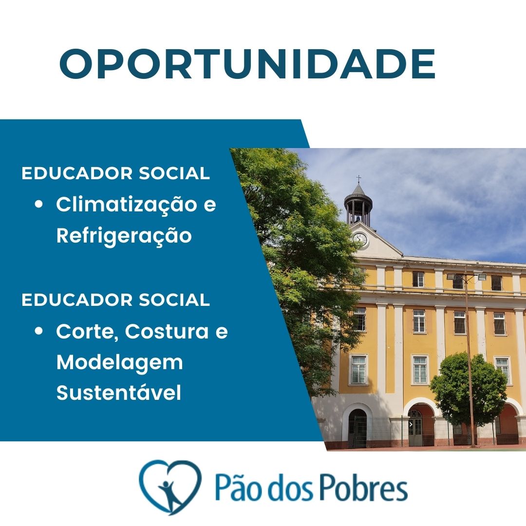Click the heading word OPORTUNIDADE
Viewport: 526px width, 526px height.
[x=247, y=64]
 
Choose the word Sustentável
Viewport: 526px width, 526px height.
[x=119, y=393]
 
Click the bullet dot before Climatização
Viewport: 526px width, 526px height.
[x=39, y=204]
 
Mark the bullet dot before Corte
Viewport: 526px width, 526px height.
[x=39, y=331]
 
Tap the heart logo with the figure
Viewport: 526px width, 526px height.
[x=170, y=487]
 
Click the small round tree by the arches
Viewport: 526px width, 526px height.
[x=469, y=390]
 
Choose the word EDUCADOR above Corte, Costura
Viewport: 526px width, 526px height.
[x=77, y=300]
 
